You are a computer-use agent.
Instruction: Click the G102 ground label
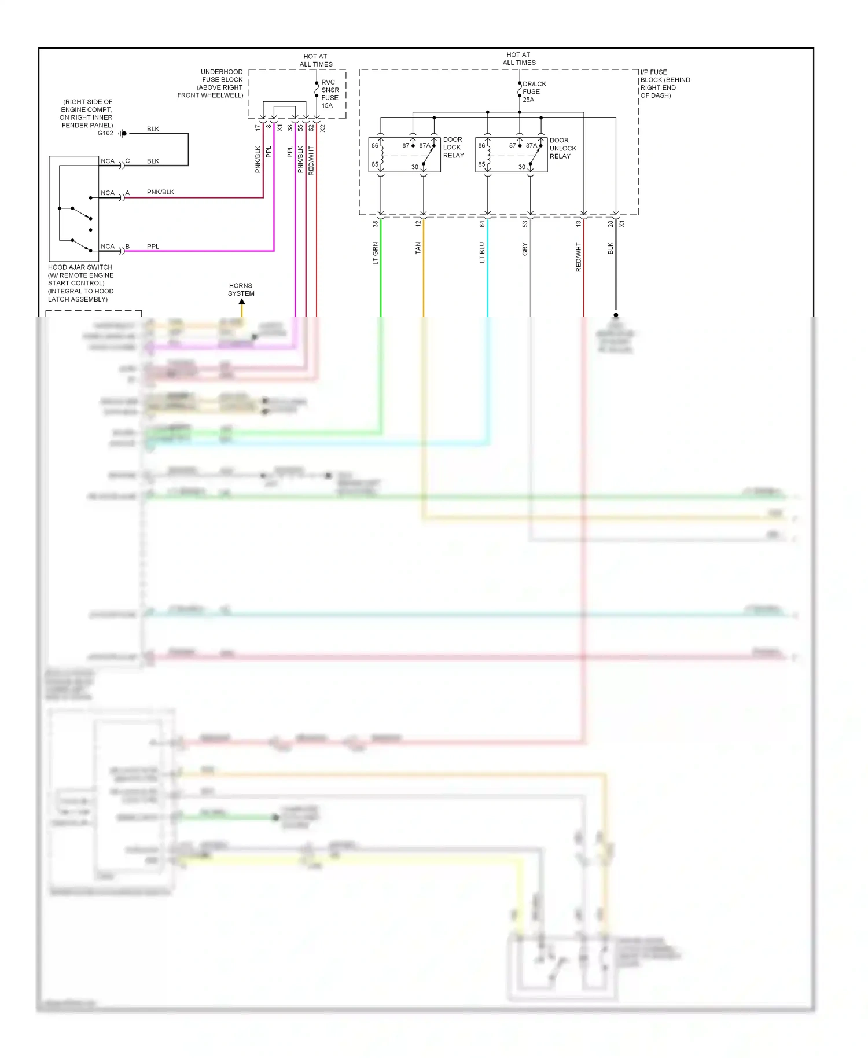105,133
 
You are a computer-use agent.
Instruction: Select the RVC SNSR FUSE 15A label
330,94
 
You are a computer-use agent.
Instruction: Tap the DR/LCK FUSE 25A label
534,91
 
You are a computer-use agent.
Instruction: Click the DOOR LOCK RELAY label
453,148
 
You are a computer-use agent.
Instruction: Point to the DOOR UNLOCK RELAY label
562,148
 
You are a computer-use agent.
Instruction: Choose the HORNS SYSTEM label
241,289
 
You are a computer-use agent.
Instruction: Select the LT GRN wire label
376,253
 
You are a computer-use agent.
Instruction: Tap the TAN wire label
418,248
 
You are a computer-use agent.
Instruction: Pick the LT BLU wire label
482,252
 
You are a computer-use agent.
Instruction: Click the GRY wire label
525,249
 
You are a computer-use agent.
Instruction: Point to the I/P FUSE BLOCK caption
665,84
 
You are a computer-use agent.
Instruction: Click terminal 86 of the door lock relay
375,145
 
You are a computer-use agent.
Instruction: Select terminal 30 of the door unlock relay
522,167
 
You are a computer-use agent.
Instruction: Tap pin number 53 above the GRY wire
525,224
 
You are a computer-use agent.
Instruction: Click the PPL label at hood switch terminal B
153,247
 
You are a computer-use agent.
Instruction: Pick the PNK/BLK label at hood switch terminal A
160,192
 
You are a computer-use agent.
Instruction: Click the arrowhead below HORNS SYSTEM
242,302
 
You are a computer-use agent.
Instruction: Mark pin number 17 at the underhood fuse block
258,128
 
